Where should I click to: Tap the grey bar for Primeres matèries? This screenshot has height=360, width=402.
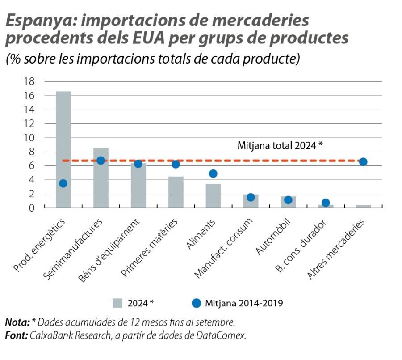tap(176, 192)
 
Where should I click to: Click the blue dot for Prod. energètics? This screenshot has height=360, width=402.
tap(63, 183)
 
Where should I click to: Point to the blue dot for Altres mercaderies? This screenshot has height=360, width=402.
tap(363, 162)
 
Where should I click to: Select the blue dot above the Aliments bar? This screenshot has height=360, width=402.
tap(213, 174)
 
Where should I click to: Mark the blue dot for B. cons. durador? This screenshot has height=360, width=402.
tap(326, 203)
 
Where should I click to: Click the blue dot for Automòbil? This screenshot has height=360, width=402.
tap(288, 200)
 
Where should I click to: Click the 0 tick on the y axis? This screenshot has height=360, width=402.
tap(31, 208)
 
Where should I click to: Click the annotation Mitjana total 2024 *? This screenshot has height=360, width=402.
tap(280, 145)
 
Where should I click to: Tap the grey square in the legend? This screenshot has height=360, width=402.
tap(117, 303)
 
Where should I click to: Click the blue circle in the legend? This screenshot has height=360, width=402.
tap(196, 303)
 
